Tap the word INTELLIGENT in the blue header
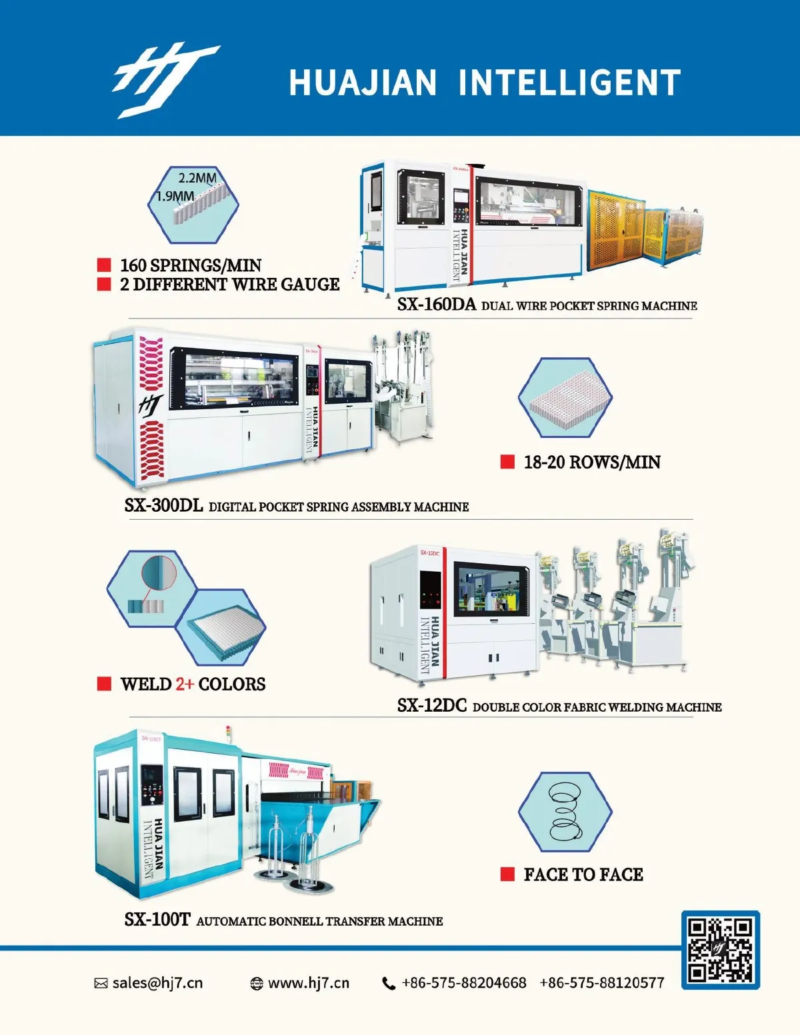[x=569, y=83]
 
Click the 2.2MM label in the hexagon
[x=197, y=179]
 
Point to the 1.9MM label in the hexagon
[x=175, y=196]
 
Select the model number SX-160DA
[x=437, y=305]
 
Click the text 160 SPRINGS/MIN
[x=191, y=265]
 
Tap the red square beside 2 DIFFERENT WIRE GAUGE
[x=104, y=285]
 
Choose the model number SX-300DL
[x=163, y=505]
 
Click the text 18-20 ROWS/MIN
[x=592, y=462]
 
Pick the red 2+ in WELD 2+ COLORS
[x=185, y=684]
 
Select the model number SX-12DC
[x=432, y=705]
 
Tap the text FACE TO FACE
[x=584, y=874]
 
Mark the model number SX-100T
[x=157, y=919]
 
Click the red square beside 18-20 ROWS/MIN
[x=507, y=462]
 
